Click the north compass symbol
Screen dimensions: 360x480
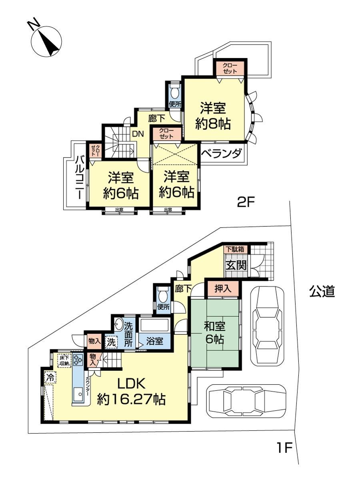pyautogui.click(x=46, y=41)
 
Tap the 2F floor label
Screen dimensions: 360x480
pyautogui.click(x=246, y=203)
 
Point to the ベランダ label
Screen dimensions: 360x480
pyautogui.click(x=222, y=153)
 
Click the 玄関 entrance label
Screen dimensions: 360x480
pyautogui.click(x=236, y=266)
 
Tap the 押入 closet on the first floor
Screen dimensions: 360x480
pyautogui.click(x=223, y=289)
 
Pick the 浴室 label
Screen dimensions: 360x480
pyautogui.click(x=154, y=341)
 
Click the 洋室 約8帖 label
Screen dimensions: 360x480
pyautogui.click(x=213, y=116)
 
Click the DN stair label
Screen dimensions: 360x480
pyautogui.click(x=138, y=134)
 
